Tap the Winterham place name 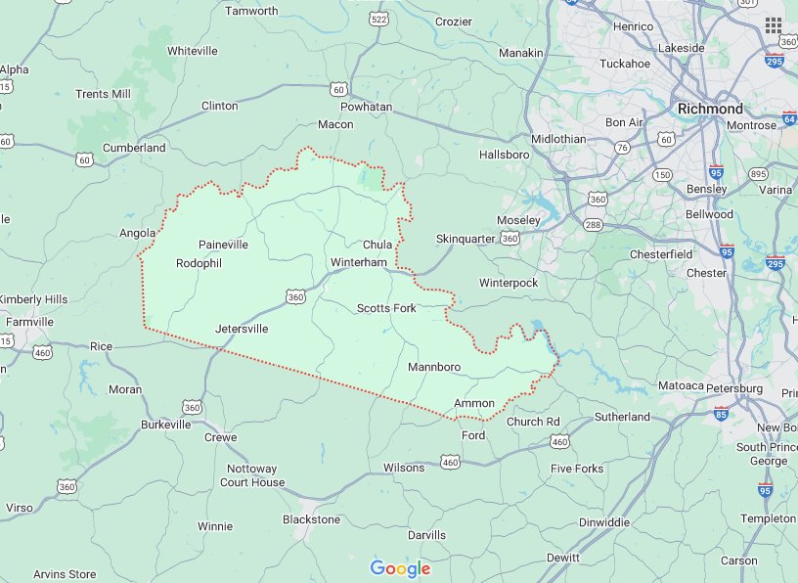(x=359, y=263)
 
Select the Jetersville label (x=242, y=329)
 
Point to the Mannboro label (x=433, y=368)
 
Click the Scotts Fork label (x=386, y=308)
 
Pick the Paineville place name (x=223, y=245)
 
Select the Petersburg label (x=734, y=388)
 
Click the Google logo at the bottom (x=400, y=568)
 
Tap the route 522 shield (x=379, y=20)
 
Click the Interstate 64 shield (x=789, y=119)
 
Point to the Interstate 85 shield (x=721, y=415)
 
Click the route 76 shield (x=622, y=148)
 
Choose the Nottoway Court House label (x=252, y=475)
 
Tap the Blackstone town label (x=311, y=519)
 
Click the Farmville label (x=29, y=322)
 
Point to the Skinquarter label (x=465, y=239)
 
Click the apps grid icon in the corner (x=774, y=24)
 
